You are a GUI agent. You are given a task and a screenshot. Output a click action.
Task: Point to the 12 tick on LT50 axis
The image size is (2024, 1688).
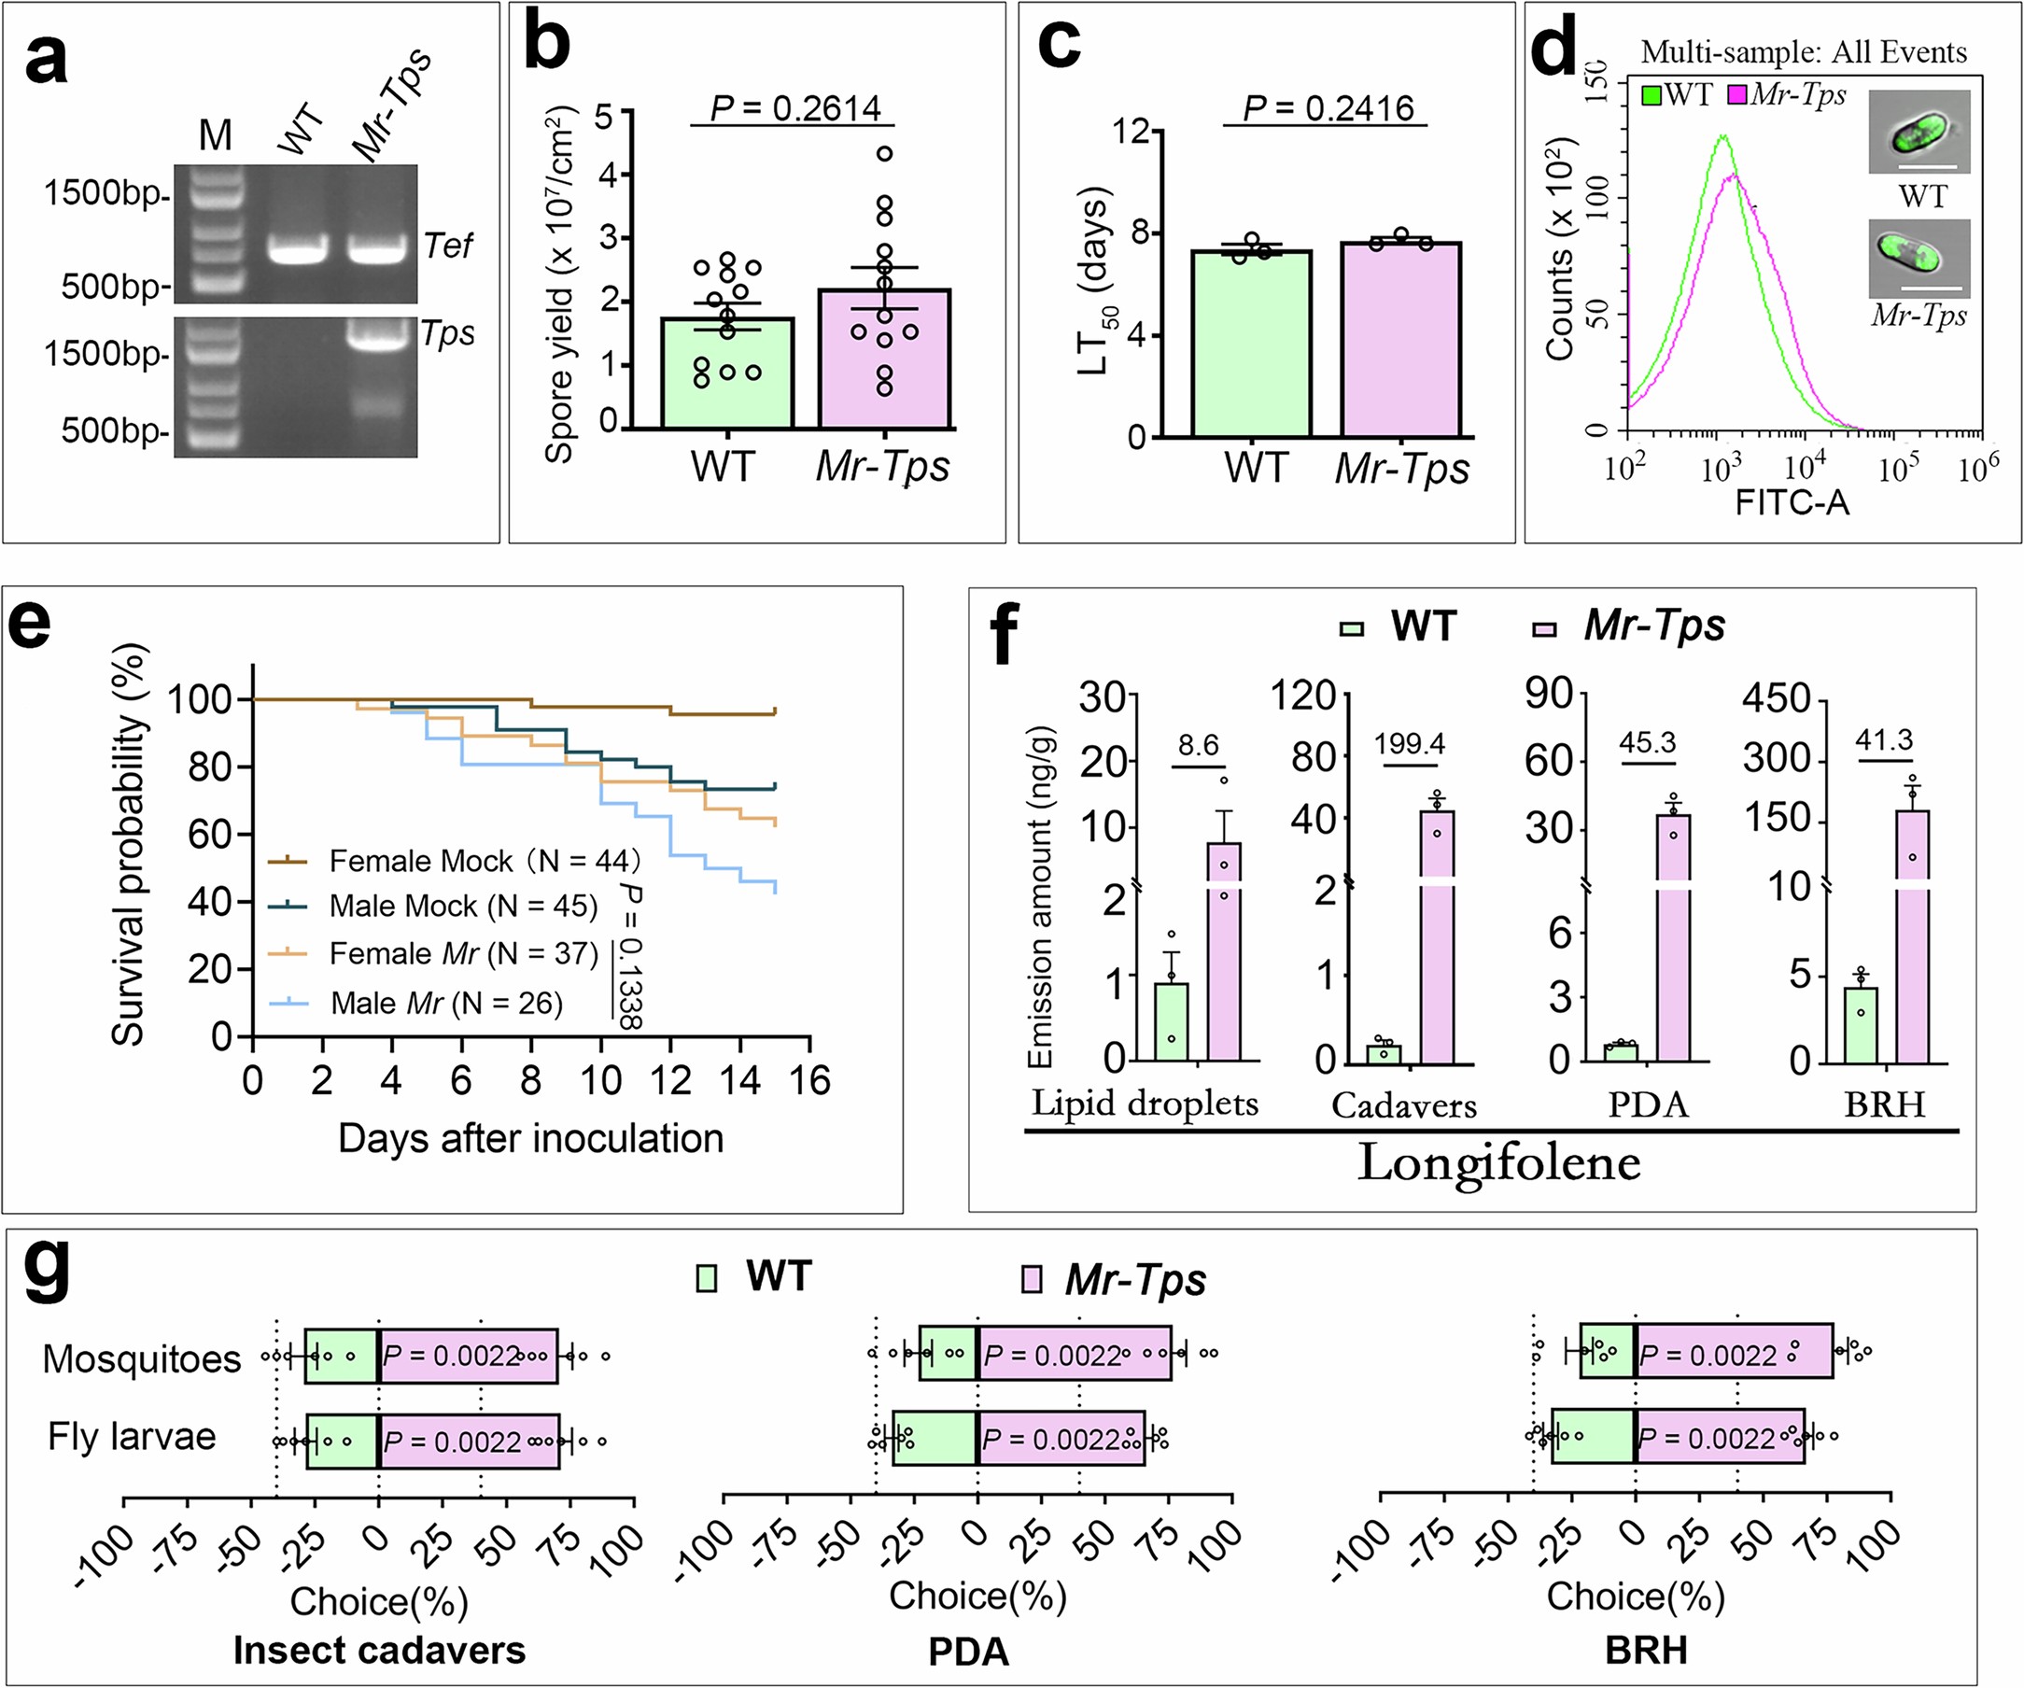coord(1131,130)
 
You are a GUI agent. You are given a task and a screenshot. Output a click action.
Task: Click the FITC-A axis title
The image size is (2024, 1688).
coord(1792,502)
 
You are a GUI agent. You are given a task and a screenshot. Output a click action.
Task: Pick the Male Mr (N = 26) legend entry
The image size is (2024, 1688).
coord(445,1004)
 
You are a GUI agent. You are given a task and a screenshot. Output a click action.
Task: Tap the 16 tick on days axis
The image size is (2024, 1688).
coord(809,1080)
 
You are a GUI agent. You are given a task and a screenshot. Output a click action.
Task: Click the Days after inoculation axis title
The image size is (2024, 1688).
coord(530,1138)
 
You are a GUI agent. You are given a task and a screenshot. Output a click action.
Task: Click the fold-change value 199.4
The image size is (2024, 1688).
coord(1409,743)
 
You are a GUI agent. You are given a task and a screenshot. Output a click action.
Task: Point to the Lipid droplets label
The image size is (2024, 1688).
coord(1144,1103)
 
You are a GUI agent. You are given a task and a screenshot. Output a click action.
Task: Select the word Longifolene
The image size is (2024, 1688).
coord(1498,1163)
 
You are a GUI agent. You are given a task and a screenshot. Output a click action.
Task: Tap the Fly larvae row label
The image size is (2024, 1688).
coord(132,1437)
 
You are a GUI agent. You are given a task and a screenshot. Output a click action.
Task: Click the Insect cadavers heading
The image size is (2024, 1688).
coord(380,1650)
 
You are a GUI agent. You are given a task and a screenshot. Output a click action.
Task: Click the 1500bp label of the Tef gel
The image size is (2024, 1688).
coord(104,193)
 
